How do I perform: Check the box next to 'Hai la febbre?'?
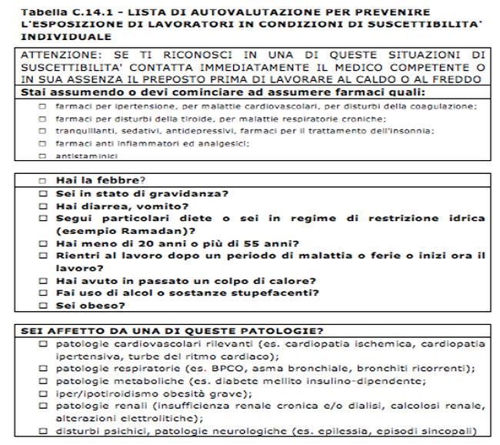click(43, 181)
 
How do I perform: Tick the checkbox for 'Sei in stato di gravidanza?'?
click(43, 193)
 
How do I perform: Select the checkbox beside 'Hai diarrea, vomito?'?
click(43, 206)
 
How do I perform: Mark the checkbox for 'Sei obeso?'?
click(43, 305)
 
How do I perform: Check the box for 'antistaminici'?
click(43, 156)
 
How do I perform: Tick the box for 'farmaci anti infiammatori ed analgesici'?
click(43, 143)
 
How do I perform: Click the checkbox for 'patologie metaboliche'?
click(43, 381)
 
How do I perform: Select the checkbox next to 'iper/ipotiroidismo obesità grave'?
click(43, 393)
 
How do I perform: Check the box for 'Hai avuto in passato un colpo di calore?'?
click(43, 280)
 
